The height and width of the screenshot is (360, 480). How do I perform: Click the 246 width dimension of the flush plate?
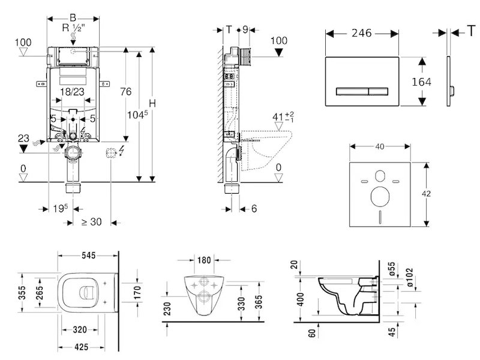(363, 34)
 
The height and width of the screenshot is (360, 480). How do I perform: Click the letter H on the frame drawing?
(152, 103)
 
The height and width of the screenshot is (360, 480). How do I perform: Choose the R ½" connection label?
(73, 28)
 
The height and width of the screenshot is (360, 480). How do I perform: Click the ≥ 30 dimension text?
(91, 221)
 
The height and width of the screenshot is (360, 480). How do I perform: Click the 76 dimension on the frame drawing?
(125, 91)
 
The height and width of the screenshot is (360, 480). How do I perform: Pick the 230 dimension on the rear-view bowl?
(169, 307)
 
